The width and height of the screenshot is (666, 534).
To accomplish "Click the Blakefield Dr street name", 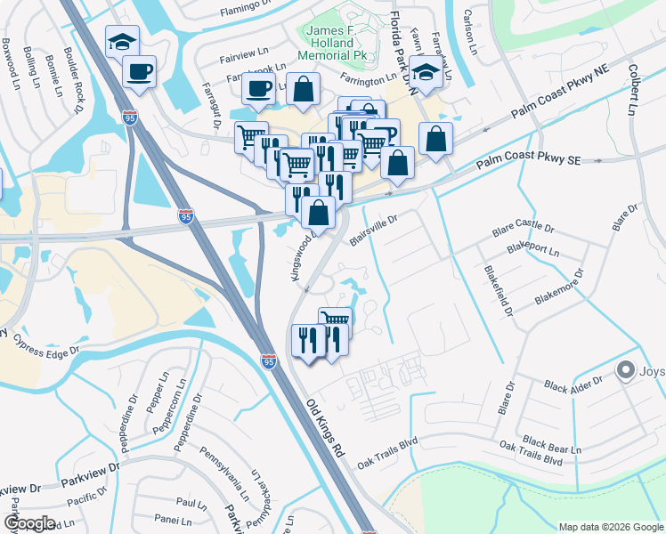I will (x=498, y=290).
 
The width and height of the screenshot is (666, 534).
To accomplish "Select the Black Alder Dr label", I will (x=573, y=383).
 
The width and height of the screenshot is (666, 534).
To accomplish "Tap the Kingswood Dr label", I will (x=302, y=259).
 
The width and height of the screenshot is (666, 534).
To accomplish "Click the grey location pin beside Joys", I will (x=626, y=370).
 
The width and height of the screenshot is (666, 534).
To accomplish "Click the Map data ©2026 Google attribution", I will (x=611, y=527).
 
